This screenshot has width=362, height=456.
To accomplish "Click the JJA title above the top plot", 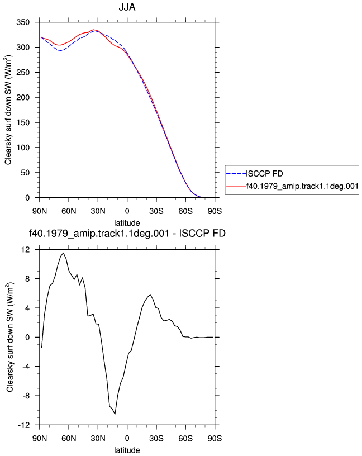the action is (x=127, y=7).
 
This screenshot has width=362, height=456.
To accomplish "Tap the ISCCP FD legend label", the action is (x=265, y=174).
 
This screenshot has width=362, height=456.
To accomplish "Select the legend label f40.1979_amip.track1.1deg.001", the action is (x=302, y=186).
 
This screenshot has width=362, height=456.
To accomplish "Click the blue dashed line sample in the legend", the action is (x=236, y=174).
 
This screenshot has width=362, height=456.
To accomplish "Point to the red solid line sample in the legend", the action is (x=236, y=187).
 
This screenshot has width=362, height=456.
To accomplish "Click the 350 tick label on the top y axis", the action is (x=23, y=22).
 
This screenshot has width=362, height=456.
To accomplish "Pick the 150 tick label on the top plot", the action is (x=23, y=122).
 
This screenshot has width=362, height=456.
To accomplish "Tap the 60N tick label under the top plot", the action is (x=69, y=211).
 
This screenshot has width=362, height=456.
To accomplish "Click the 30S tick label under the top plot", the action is (x=156, y=211).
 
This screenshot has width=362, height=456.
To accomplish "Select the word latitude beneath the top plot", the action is (x=127, y=223).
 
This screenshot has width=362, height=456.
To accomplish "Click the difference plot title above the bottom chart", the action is (x=127, y=233).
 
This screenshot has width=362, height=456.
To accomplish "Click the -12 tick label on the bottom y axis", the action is (x=24, y=425).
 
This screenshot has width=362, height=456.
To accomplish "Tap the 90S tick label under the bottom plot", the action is (x=215, y=439).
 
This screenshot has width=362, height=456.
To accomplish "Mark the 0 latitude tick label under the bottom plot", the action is (x=127, y=439).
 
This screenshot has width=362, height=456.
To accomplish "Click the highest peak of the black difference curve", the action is (x=63, y=253).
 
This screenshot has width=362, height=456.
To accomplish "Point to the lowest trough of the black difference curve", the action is (x=115, y=414).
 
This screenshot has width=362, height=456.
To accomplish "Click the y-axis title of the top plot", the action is (x=8, y=110).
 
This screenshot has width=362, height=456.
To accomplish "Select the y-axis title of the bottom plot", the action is (x=10, y=337).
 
